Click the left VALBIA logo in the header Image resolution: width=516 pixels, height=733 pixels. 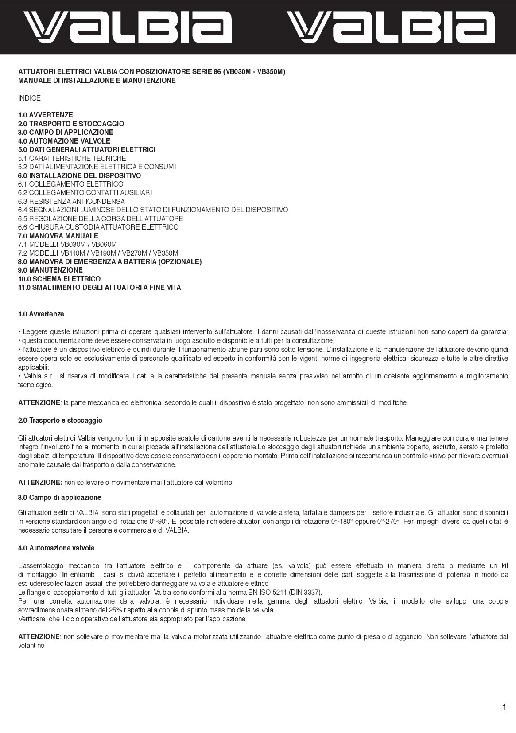click(x=127, y=27)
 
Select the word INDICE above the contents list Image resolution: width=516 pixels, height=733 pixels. click(x=29, y=98)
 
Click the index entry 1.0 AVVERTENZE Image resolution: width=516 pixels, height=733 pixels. click(x=46, y=115)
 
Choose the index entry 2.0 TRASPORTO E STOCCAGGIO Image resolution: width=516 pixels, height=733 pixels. click(x=71, y=124)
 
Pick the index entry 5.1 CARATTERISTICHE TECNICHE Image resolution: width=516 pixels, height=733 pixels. click(x=72, y=158)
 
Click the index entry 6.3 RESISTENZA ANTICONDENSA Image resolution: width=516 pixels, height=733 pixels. click(x=71, y=201)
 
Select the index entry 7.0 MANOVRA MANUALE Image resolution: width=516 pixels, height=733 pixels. click(x=58, y=236)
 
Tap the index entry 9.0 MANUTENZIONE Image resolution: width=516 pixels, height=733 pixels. click(x=50, y=270)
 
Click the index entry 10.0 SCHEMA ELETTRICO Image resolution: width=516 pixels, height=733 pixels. click(x=59, y=279)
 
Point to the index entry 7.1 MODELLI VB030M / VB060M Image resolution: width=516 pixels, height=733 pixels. click(x=67, y=244)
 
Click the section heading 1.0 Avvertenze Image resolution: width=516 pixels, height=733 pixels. click(x=41, y=314)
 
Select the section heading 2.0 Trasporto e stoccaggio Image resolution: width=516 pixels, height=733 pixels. click(x=60, y=420)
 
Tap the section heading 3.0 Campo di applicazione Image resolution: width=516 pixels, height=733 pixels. click(x=60, y=497)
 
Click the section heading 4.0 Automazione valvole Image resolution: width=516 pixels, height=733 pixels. click(x=56, y=548)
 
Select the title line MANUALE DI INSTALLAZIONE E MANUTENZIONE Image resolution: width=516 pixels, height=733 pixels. click(x=97, y=80)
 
